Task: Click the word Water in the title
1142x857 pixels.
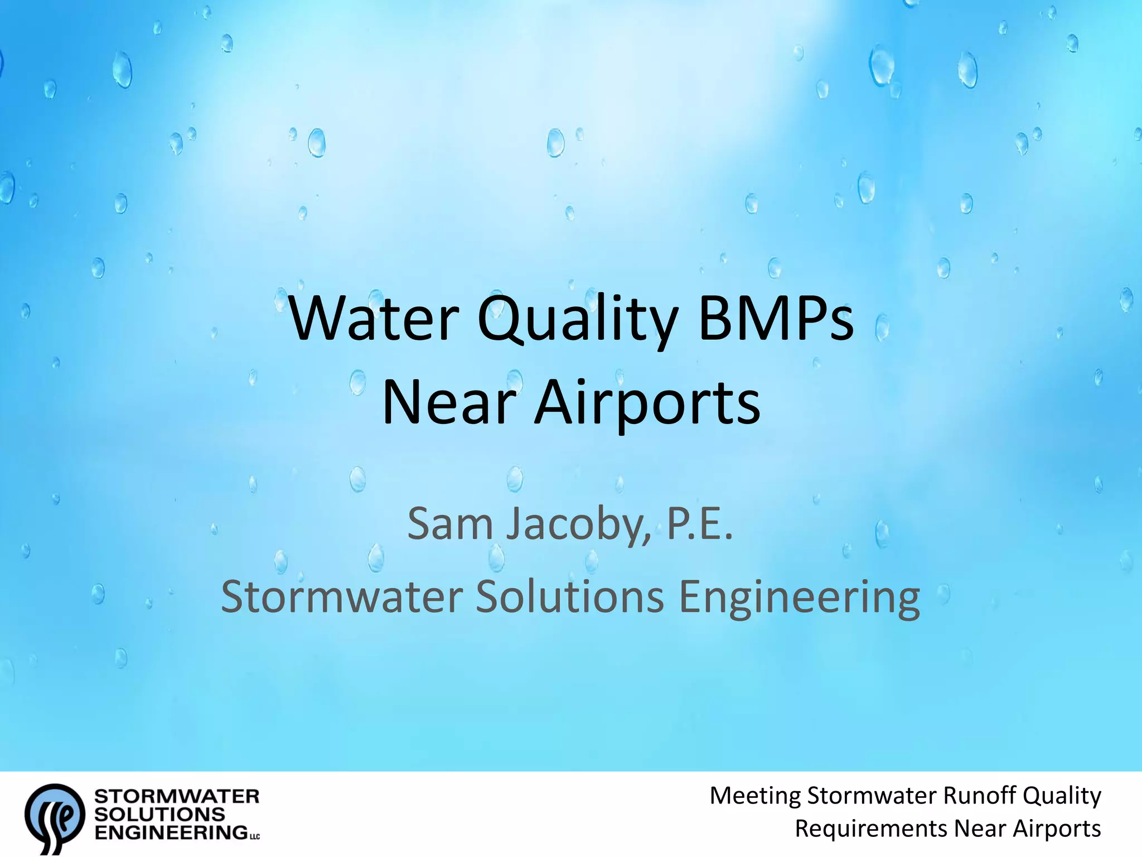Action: (374, 319)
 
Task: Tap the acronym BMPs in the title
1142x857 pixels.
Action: (776, 319)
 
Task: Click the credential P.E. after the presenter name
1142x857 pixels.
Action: (700, 524)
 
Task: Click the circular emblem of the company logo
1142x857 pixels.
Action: (55, 816)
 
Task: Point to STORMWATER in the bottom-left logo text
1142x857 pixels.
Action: (177, 796)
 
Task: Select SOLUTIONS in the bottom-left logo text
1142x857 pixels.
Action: (159, 815)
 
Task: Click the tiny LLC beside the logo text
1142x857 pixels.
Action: (254, 836)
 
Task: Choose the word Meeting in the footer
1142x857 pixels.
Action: (755, 796)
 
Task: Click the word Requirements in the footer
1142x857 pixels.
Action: (870, 829)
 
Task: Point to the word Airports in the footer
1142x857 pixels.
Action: (1057, 829)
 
